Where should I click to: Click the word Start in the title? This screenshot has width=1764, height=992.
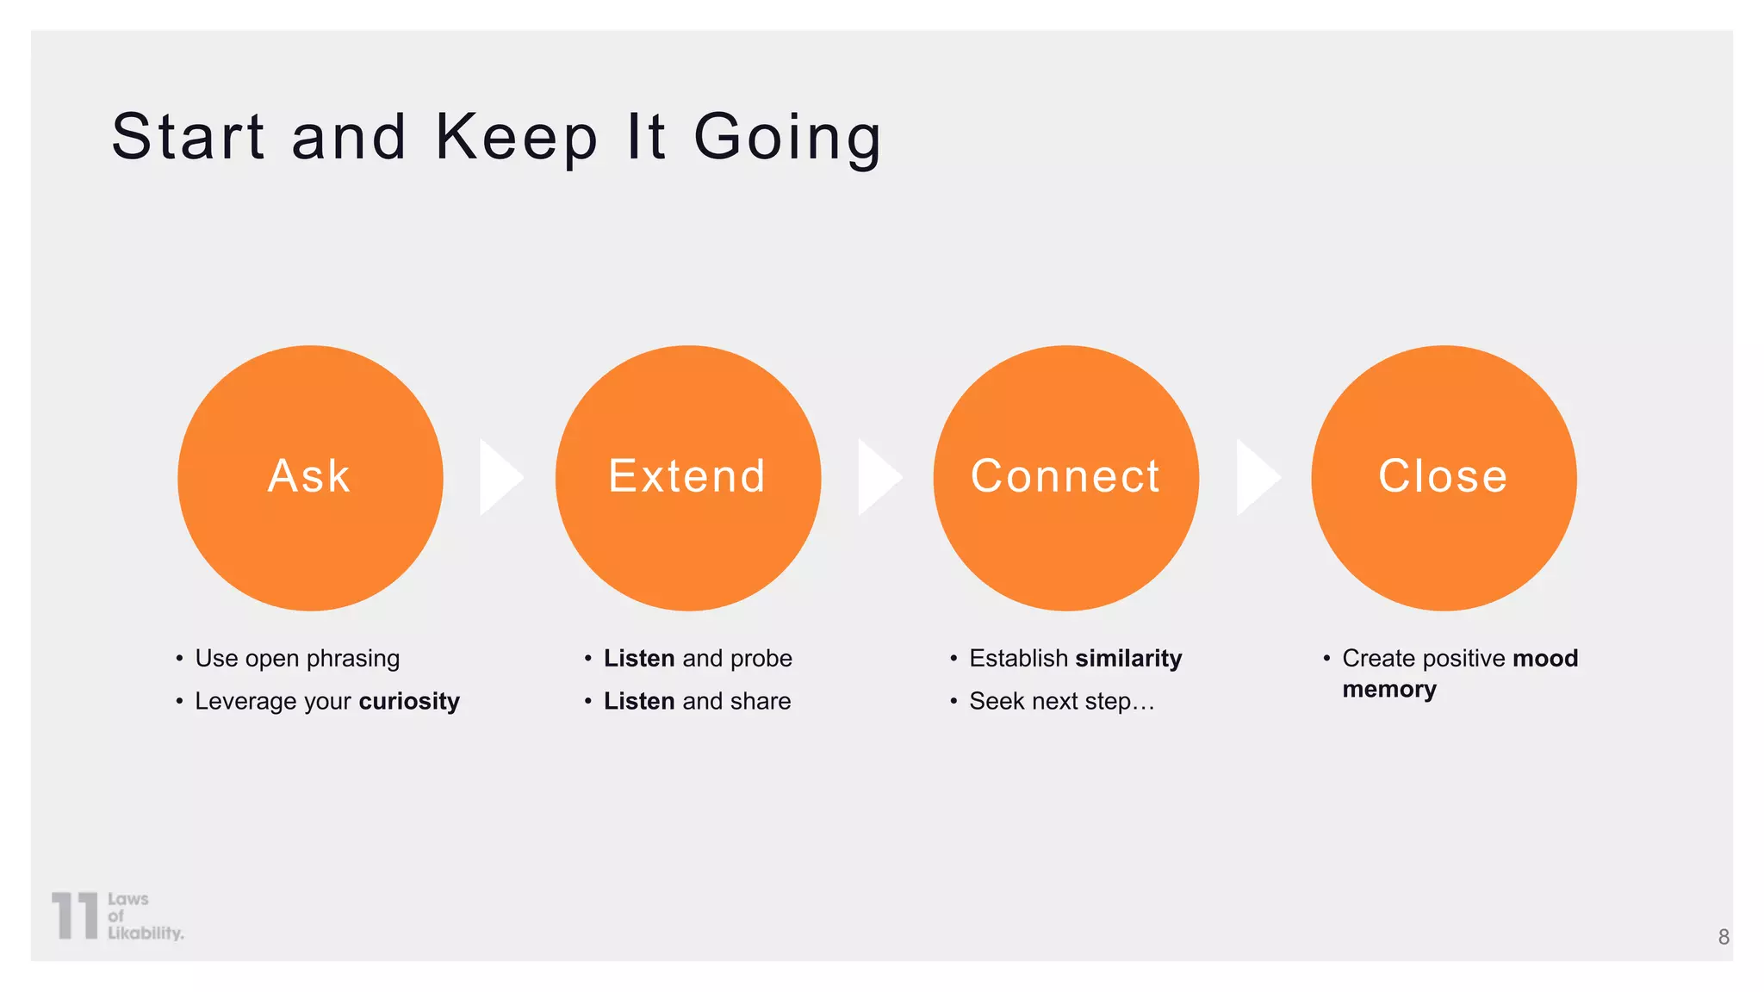[x=188, y=137]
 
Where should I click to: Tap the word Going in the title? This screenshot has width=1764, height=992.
[x=787, y=137]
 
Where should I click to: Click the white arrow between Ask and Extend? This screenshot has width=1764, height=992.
[x=499, y=477]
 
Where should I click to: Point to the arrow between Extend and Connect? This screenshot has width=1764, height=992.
[x=877, y=477]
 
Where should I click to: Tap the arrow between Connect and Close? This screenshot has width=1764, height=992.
[x=1255, y=477]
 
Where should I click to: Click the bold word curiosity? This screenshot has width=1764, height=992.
[x=409, y=702]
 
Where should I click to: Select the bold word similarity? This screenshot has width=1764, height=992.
[x=1128, y=659]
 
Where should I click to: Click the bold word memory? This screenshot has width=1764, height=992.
[x=1388, y=690]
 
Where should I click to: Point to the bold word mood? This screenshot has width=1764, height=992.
[x=1545, y=659]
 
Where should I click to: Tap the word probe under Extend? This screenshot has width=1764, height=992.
[x=761, y=659]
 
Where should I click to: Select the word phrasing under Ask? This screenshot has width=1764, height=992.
[x=353, y=659]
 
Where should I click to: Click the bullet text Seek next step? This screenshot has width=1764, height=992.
[x=1061, y=702]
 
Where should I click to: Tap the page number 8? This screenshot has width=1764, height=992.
[x=1723, y=937]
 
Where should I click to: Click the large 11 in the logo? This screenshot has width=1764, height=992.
[x=75, y=915]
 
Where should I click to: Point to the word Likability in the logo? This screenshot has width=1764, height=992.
[x=145, y=933]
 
